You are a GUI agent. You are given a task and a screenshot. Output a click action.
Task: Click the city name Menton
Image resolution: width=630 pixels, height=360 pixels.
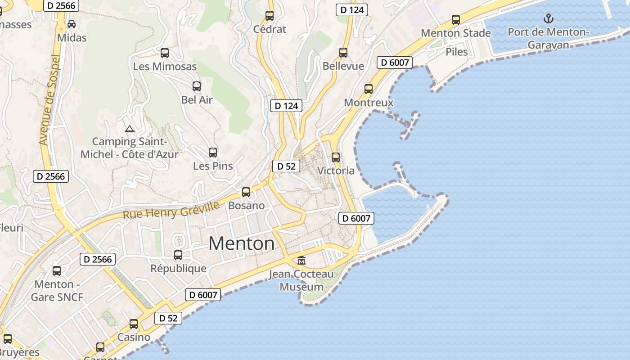coord(241,243)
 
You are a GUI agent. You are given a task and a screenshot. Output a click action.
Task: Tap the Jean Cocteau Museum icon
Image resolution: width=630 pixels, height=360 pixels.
coord(301,261)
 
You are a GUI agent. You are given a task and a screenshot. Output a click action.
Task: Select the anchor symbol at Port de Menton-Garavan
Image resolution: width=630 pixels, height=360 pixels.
coord(548,18)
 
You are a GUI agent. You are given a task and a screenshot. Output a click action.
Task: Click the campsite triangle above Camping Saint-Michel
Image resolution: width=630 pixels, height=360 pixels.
coord(130,129)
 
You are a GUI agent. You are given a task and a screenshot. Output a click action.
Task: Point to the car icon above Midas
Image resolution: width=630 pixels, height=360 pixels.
coord(72,24)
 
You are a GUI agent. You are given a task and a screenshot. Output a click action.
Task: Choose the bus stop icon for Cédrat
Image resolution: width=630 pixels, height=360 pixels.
coord(270,16)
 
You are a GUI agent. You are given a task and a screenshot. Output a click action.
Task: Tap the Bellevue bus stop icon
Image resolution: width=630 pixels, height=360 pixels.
coord(343,53)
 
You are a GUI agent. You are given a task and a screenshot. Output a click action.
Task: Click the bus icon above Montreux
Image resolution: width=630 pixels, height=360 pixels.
coord(369,89)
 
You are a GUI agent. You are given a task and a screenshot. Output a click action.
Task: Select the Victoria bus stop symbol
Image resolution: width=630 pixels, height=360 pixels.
coord(336,157)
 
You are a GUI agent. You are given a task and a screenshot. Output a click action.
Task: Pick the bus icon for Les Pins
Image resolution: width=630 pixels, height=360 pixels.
coord(213,153)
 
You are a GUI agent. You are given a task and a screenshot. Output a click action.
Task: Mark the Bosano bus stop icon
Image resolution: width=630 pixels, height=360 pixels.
coord(246,192)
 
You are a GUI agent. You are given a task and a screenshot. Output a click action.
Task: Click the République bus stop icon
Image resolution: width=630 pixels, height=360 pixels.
coord(178,255)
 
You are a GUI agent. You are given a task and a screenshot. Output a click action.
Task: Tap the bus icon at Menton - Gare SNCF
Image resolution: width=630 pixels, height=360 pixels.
coord(57,271)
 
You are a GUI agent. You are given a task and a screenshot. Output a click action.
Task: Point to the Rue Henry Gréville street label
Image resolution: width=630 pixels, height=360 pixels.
coord(171,210)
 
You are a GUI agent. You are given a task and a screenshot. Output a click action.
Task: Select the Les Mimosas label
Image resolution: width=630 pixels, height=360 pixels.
coord(165,67)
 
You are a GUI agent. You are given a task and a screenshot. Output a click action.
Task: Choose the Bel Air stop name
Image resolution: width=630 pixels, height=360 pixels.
coord(197,100)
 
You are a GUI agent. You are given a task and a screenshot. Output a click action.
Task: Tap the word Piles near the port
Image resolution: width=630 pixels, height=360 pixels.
coord(457,52)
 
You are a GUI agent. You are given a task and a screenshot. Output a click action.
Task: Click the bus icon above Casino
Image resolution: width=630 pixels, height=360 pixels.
coord(134,324)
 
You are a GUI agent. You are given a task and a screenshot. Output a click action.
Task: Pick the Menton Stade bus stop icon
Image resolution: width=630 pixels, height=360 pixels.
coord(456,20)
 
